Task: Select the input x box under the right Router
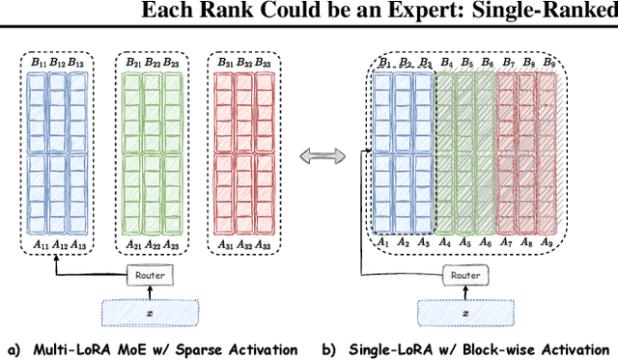(465, 314)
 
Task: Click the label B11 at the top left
(40, 63)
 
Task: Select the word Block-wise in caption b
(518, 348)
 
